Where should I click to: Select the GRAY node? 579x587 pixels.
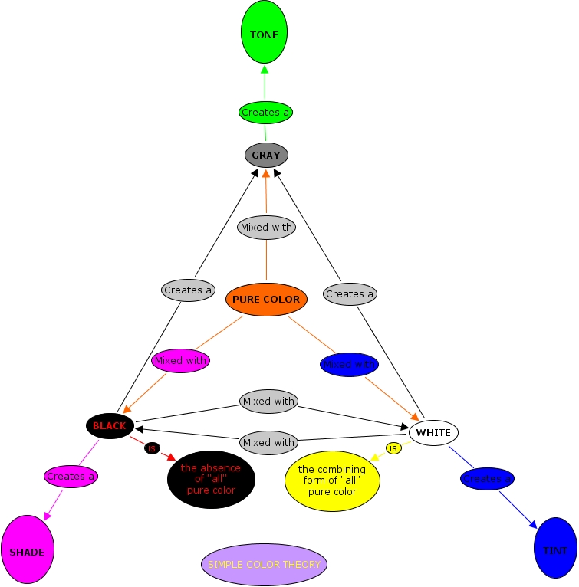tap(266, 155)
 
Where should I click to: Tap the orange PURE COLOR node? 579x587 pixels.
tap(266, 299)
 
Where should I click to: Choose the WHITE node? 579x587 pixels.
tap(433, 432)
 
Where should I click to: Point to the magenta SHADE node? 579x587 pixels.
tap(27, 550)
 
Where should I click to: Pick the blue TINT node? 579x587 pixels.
tap(555, 548)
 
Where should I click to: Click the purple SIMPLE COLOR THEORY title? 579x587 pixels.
tap(264, 564)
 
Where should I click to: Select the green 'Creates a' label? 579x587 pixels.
tap(265, 113)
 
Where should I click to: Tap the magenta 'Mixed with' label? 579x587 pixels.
tap(180, 360)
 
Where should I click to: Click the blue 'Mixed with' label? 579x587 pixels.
tap(350, 364)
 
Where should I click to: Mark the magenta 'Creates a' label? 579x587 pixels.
tap(71, 476)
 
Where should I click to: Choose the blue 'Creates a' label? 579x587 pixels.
tap(487, 479)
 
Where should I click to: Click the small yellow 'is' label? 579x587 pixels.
tap(393, 448)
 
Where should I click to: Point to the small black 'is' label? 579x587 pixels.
tap(151, 448)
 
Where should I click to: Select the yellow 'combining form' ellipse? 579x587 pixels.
tap(332, 480)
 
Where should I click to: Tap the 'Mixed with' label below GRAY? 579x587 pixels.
tap(266, 228)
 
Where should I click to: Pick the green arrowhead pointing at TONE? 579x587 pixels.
tap(265, 70)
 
